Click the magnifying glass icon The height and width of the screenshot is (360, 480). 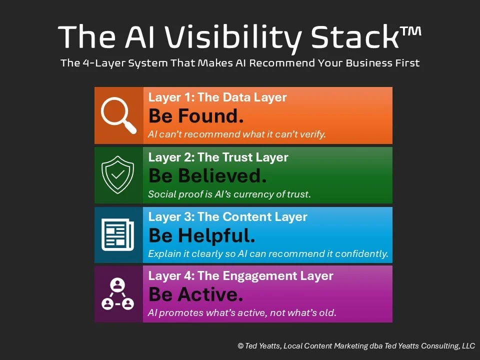(x=118, y=115)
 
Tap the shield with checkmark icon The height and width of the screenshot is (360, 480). (x=118, y=175)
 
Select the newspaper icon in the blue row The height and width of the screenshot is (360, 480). (x=118, y=235)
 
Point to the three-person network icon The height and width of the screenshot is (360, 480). (x=118, y=294)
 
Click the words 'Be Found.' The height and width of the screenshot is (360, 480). (x=196, y=116)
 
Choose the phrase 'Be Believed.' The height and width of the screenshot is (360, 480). (x=207, y=175)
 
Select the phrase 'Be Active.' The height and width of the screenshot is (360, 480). (x=196, y=294)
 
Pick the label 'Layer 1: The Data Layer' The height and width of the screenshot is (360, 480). (x=217, y=97)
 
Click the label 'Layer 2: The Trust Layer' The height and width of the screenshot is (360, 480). (x=218, y=157)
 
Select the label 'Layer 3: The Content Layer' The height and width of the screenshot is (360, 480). (x=228, y=217)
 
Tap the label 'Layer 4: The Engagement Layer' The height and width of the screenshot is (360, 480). (x=241, y=276)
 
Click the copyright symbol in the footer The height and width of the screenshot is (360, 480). (x=240, y=345)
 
